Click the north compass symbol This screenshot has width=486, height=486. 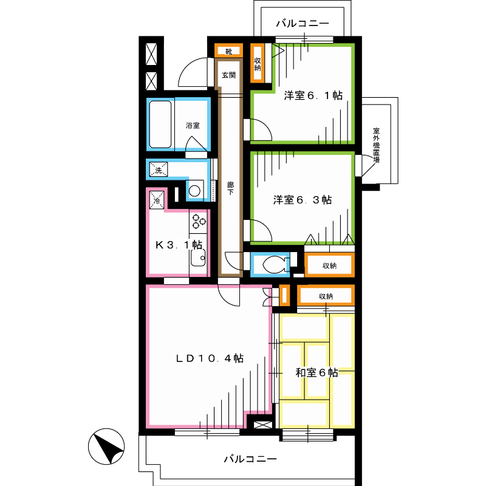coord(106,448)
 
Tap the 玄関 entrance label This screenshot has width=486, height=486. coord(229,75)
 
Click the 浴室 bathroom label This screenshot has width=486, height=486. coord(193,125)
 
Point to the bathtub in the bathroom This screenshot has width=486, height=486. coord(161,125)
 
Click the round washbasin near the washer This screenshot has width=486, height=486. coord(194,191)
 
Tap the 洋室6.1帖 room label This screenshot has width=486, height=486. coord(313,95)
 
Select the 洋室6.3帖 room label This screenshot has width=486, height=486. coord(302,199)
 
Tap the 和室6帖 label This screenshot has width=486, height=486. coord(317,372)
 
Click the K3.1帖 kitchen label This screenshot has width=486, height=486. coord(179,245)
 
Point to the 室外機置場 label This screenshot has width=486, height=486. coord(377,146)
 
